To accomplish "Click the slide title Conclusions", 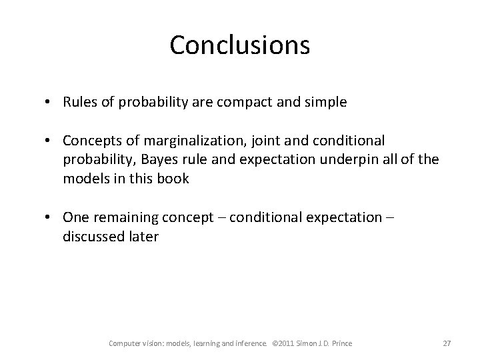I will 239,45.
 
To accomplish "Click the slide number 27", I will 447,343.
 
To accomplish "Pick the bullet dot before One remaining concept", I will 50,217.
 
